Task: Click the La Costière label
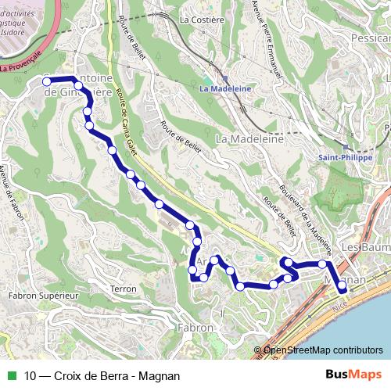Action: [x=197, y=19]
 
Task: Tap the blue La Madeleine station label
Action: [x=225, y=89]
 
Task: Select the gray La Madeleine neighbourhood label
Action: [x=249, y=138]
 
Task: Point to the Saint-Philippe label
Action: [x=345, y=157]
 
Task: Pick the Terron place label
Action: [x=124, y=289]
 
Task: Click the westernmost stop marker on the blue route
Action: [x=46, y=81]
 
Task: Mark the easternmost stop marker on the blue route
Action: [x=342, y=289]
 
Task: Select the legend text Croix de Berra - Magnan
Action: [x=117, y=375]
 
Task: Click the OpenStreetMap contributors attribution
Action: [x=323, y=351]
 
